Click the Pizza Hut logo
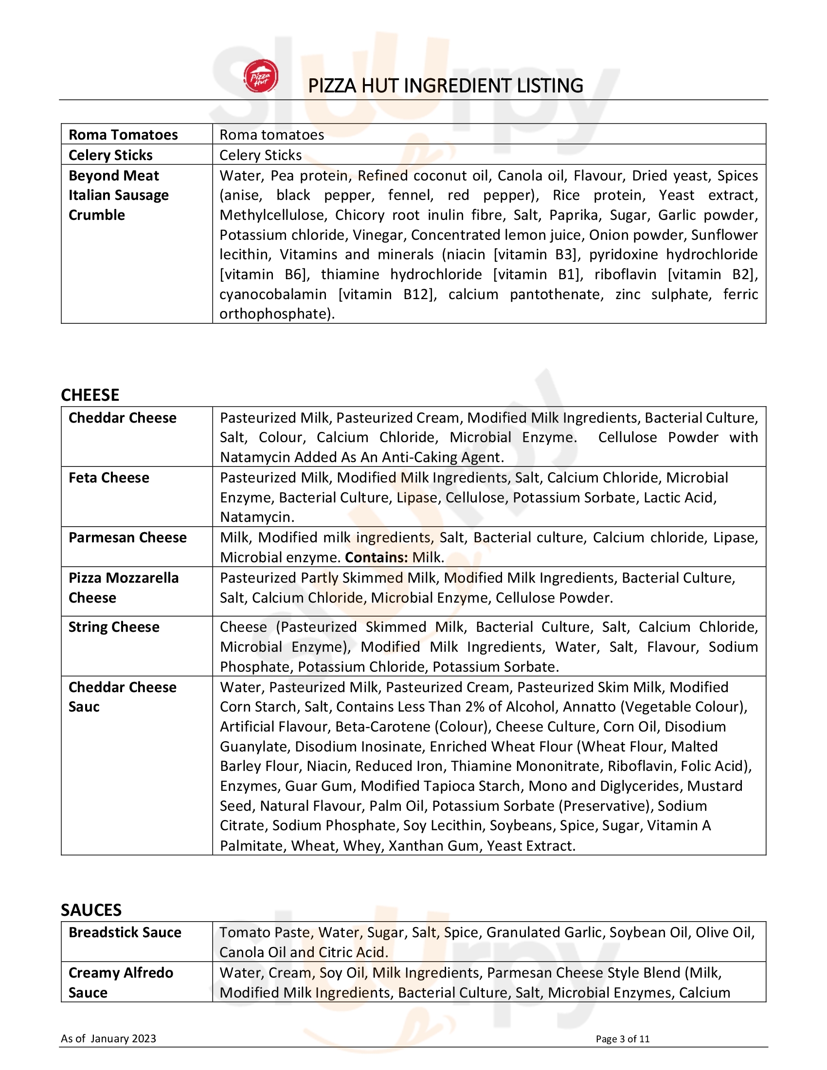(x=261, y=76)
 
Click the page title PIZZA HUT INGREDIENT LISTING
(x=445, y=86)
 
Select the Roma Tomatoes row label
(x=123, y=135)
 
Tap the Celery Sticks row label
(x=110, y=155)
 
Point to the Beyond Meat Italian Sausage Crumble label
(x=118, y=195)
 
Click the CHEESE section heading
(x=90, y=395)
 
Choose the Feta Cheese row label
(x=109, y=478)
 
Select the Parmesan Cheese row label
(x=127, y=537)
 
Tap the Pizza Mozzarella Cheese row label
(x=124, y=588)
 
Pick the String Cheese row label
(x=114, y=627)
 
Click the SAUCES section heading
(x=90, y=910)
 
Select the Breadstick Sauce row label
(x=125, y=932)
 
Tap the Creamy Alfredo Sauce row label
(x=121, y=982)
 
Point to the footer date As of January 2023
(x=108, y=1039)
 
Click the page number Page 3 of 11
(x=622, y=1039)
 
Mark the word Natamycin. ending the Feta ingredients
(x=257, y=517)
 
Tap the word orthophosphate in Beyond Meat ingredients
(x=276, y=314)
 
